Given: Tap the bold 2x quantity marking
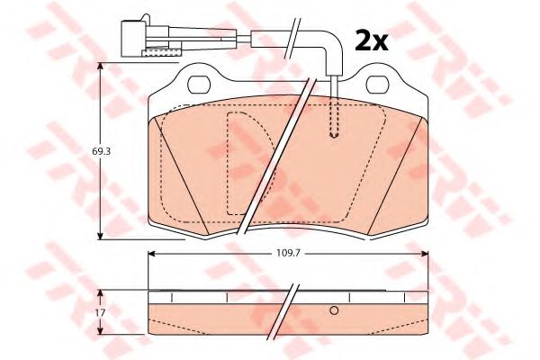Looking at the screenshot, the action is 371,40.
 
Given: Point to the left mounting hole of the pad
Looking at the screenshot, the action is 199,85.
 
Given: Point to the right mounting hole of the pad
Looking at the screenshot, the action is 377,85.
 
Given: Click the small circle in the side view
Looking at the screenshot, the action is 334,310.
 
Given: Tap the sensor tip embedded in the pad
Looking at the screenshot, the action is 334,134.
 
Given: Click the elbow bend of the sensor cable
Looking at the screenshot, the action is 333,41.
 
